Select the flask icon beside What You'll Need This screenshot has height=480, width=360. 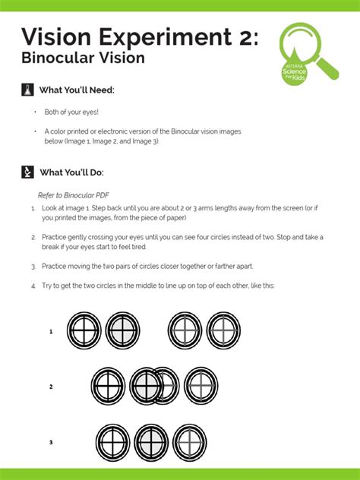pyautogui.click(x=27, y=90)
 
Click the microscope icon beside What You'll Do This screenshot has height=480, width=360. pyautogui.click(x=27, y=172)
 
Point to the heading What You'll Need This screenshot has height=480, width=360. pyautogui.click(x=77, y=90)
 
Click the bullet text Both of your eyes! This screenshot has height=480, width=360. pyautogui.click(x=72, y=112)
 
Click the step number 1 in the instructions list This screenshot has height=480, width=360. pyautogui.click(x=33, y=207)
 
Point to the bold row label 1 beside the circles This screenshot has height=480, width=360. pyautogui.click(x=51, y=332)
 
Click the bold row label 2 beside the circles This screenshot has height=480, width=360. pyautogui.click(x=51, y=387)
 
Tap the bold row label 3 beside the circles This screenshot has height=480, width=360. pyautogui.click(x=51, y=442)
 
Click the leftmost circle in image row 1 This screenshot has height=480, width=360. pyautogui.click(x=84, y=332)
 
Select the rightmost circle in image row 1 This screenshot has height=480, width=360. pyautogui.click(x=223, y=332)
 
